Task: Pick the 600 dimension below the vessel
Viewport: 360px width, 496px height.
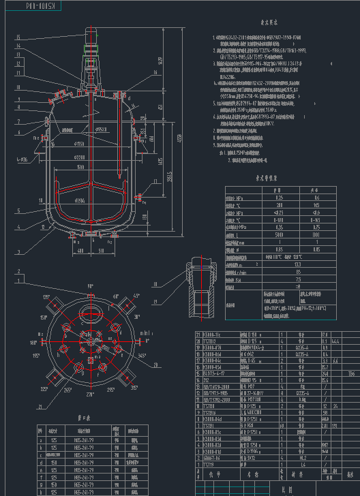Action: [81, 249]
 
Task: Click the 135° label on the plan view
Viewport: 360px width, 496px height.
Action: [47, 298]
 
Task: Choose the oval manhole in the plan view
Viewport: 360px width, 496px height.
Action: [89, 314]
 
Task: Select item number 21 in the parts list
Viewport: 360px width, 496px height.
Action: [198, 335]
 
